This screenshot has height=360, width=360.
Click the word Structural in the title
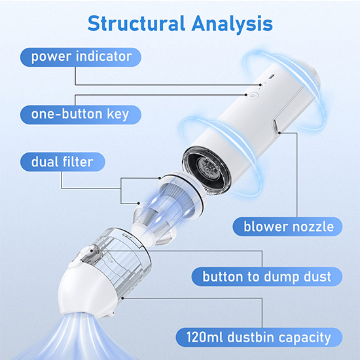tap(136, 23)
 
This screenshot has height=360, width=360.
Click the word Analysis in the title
tap(232, 24)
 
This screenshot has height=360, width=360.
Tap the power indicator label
tap(81, 57)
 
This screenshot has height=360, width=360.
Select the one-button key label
tap(81, 115)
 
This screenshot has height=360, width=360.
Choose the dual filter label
tap(63, 162)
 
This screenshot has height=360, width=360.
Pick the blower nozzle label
tap(287, 226)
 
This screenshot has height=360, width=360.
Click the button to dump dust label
tap(267, 277)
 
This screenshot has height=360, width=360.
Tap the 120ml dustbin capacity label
tap(259, 337)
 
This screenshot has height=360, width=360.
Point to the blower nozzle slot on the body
tap(276, 128)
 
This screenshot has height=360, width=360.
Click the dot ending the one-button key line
tap(246, 95)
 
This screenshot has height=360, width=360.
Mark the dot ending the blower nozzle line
tap(279, 133)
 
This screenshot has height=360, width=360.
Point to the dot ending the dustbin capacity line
tap(123, 298)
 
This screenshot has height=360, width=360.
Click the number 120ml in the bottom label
tap(205, 337)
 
